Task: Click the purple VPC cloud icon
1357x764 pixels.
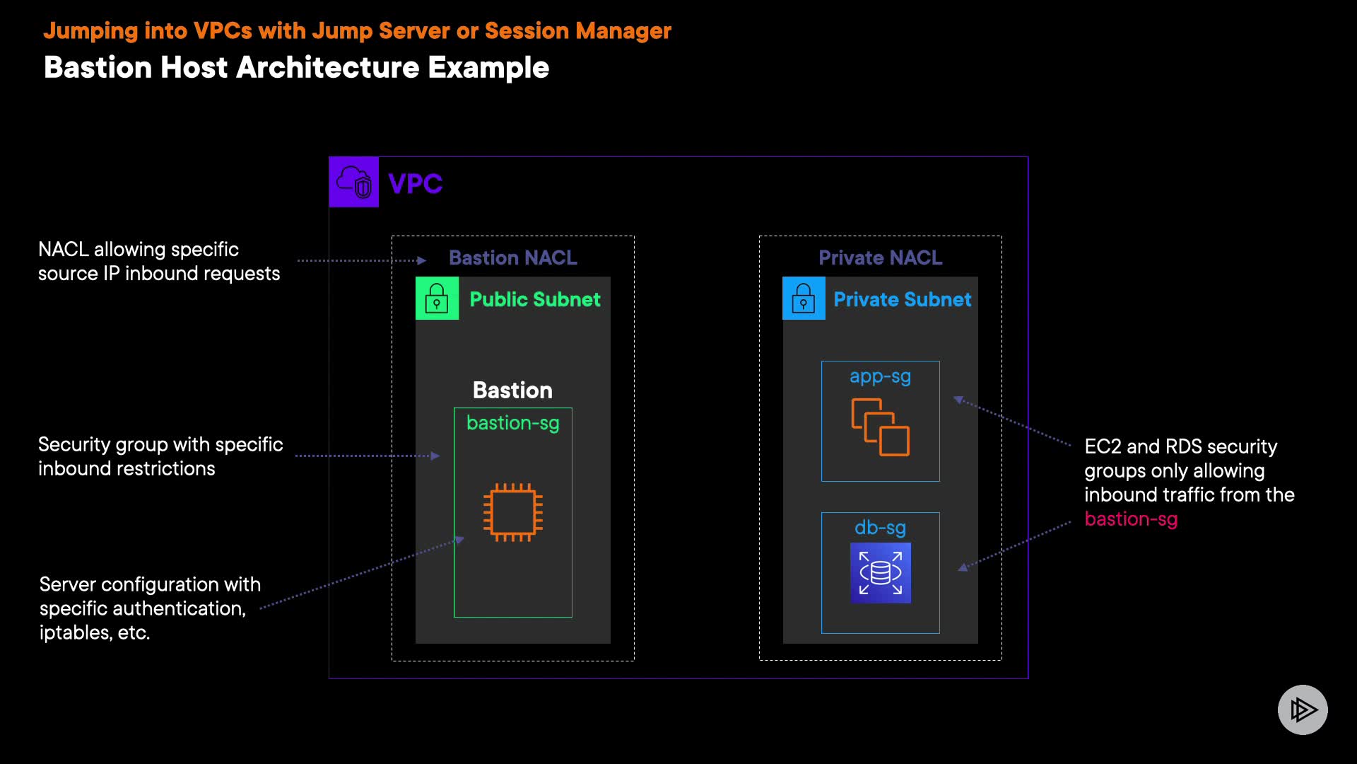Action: [353, 182]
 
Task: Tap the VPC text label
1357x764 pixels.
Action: [416, 184]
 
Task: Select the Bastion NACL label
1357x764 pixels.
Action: [513, 257]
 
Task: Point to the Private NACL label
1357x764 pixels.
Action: [881, 257]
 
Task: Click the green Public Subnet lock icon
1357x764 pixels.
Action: [437, 299]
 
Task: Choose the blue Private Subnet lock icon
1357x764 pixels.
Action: [804, 299]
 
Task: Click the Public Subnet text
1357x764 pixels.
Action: [535, 299]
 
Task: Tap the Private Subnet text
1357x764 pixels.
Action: [903, 299]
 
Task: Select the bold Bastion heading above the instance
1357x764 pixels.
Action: [512, 390]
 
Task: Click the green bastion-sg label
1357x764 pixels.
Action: [513, 423]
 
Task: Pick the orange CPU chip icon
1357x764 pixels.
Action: [513, 512]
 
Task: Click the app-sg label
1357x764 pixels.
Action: [881, 377]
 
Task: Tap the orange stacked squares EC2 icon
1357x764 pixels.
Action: [881, 427]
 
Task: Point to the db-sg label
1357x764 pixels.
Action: [881, 528]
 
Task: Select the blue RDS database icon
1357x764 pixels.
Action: [881, 573]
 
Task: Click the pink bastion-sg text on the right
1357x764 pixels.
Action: [1131, 519]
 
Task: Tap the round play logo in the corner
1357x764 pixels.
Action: [1303, 710]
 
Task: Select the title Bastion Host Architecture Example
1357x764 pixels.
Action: [296, 68]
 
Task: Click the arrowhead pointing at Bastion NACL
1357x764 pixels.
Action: [422, 260]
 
